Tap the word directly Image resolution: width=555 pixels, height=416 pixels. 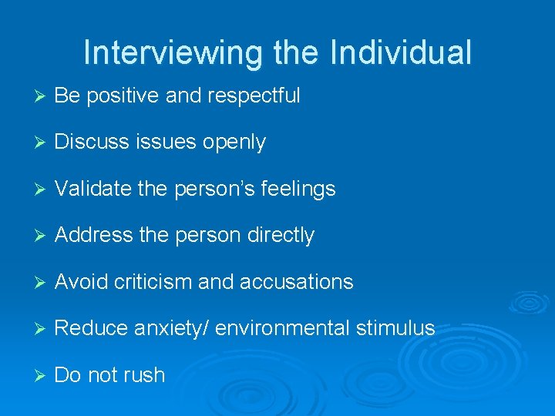tap(278, 236)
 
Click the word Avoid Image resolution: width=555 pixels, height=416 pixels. tap(82, 282)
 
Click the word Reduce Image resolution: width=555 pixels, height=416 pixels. tap(92, 329)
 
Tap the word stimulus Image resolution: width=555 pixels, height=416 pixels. tap(395, 328)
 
